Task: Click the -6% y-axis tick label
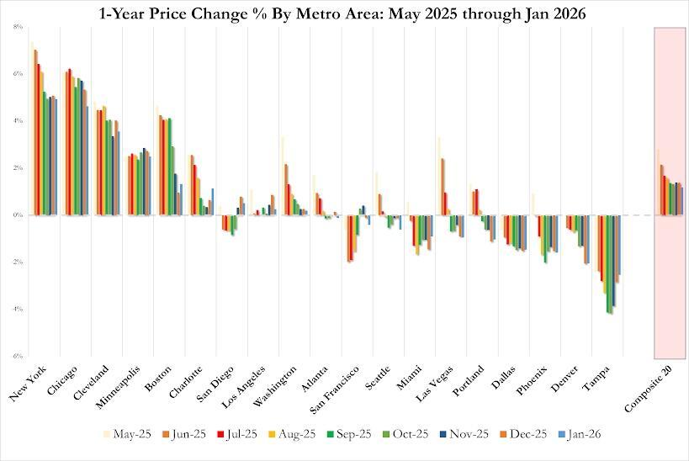pyautogui.click(x=17, y=356)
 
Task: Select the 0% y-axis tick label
pyautogui.click(x=18, y=215)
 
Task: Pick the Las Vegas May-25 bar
pyautogui.click(x=439, y=176)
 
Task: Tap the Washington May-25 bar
pyautogui.click(x=283, y=176)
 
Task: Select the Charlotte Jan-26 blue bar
pyautogui.click(x=213, y=202)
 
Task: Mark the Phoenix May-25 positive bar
pyautogui.click(x=533, y=204)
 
